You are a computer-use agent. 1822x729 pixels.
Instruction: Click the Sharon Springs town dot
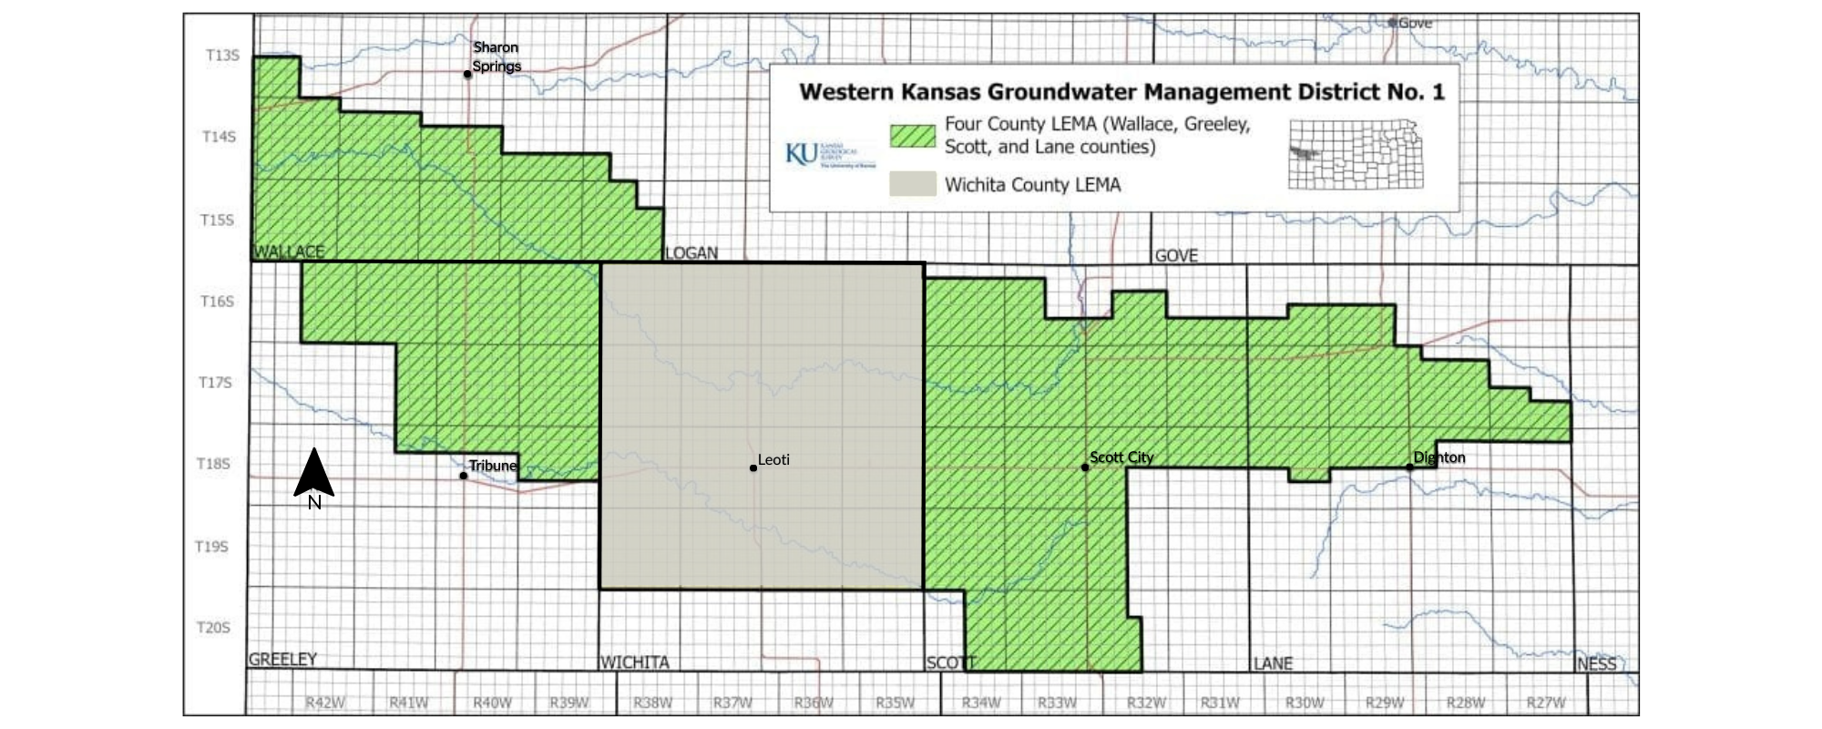tap(467, 74)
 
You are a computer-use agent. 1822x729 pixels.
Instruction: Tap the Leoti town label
tap(773, 460)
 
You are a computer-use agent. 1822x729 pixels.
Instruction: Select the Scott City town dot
tap(1085, 467)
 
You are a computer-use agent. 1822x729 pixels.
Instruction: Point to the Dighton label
tap(1439, 457)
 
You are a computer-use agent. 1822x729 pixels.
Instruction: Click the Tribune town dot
tap(464, 476)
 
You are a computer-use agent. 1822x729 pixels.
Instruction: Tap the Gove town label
tap(1415, 23)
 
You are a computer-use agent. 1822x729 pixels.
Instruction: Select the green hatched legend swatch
tap(913, 136)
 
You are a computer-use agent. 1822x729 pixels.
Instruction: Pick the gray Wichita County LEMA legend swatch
tap(913, 184)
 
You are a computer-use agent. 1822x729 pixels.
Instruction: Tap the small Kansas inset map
tap(1356, 154)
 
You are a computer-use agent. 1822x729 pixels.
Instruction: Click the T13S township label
tap(221, 56)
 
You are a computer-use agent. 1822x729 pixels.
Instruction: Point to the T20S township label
tap(213, 628)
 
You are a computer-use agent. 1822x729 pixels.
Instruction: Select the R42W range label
tap(325, 703)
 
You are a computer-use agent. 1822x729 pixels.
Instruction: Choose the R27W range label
tap(1546, 703)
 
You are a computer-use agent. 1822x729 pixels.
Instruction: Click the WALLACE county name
tap(289, 252)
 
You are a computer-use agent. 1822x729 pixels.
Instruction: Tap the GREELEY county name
tap(283, 659)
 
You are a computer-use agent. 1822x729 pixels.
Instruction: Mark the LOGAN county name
tap(691, 253)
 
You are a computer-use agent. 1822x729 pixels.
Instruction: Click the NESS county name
tap(1597, 663)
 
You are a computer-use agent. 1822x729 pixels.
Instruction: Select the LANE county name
tap(1273, 663)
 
